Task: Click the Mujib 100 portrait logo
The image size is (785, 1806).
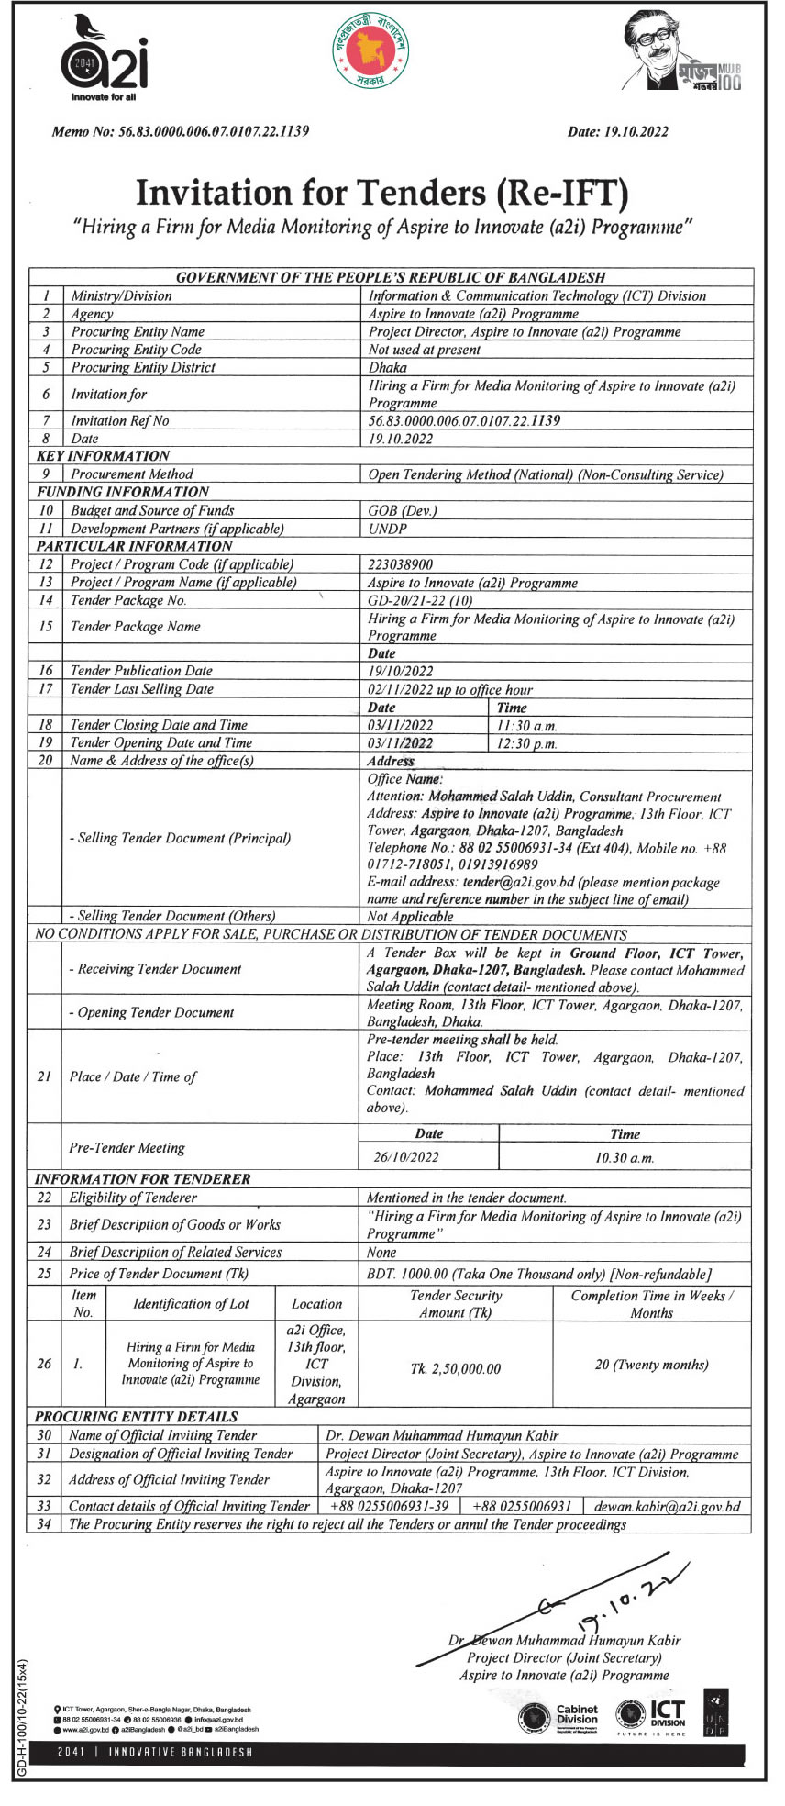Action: pyautogui.click(x=680, y=53)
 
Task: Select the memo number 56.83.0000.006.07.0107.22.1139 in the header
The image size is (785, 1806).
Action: pyautogui.click(x=214, y=131)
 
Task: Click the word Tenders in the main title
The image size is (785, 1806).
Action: pyautogui.click(x=385, y=192)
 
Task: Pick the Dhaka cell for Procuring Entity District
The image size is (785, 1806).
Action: pyautogui.click(x=387, y=367)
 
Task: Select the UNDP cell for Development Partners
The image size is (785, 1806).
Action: pyautogui.click(x=387, y=529)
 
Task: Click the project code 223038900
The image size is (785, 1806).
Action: pyautogui.click(x=401, y=564)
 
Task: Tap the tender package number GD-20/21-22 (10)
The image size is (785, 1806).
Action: pyautogui.click(x=420, y=600)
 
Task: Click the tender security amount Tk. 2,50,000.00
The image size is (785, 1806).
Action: pyautogui.click(x=456, y=1369)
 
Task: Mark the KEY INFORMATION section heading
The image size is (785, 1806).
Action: pyautogui.click(x=103, y=456)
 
